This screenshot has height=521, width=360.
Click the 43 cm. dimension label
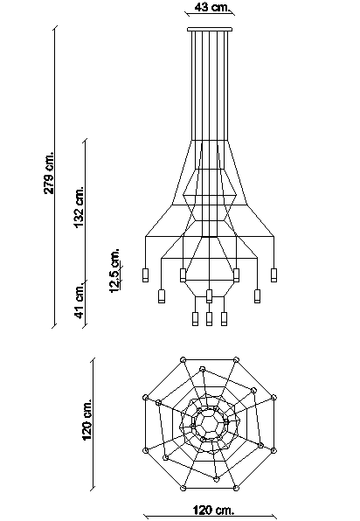(211, 8)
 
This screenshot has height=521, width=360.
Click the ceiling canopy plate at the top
(211, 30)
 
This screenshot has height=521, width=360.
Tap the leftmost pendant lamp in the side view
(147, 276)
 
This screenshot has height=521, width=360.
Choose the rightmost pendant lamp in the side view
(273, 276)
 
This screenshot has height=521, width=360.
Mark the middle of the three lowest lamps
(210, 318)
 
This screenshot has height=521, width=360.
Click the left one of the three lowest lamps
(195, 318)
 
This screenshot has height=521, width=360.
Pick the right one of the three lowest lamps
(225, 318)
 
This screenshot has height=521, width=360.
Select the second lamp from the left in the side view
(161, 295)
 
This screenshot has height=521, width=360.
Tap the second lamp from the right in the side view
(257, 295)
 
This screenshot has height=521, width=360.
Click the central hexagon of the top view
(211, 423)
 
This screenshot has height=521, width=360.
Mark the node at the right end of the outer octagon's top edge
(237, 359)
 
